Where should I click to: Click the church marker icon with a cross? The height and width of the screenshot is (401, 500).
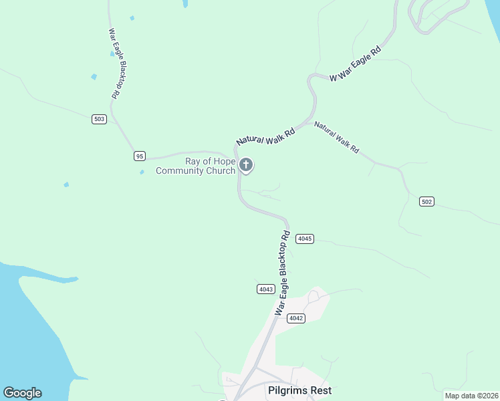click(246, 164)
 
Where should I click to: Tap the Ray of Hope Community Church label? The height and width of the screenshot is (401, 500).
click(195, 166)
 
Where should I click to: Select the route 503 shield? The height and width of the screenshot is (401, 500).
click(100, 119)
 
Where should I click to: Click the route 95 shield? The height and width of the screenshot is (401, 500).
click(139, 156)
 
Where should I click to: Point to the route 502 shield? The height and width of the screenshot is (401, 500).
click(427, 201)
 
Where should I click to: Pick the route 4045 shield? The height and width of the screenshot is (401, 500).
click(305, 239)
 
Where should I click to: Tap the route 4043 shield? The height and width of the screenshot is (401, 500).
click(265, 289)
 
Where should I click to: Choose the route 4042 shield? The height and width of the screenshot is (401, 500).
click(296, 318)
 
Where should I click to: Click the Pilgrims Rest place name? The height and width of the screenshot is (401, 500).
click(299, 390)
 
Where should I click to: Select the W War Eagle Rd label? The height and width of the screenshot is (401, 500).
click(355, 64)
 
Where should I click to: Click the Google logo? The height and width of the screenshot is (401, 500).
click(22, 393)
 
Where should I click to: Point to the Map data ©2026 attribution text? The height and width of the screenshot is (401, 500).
click(471, 395)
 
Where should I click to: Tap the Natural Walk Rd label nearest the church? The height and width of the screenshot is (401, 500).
click(265, 138)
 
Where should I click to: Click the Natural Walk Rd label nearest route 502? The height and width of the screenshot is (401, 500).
click(336, 138)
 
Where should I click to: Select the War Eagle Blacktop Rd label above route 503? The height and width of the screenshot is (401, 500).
click(114, 64)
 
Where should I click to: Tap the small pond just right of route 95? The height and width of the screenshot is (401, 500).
click(142, 172)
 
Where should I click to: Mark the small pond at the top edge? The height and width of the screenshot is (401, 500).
click(185, 3)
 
